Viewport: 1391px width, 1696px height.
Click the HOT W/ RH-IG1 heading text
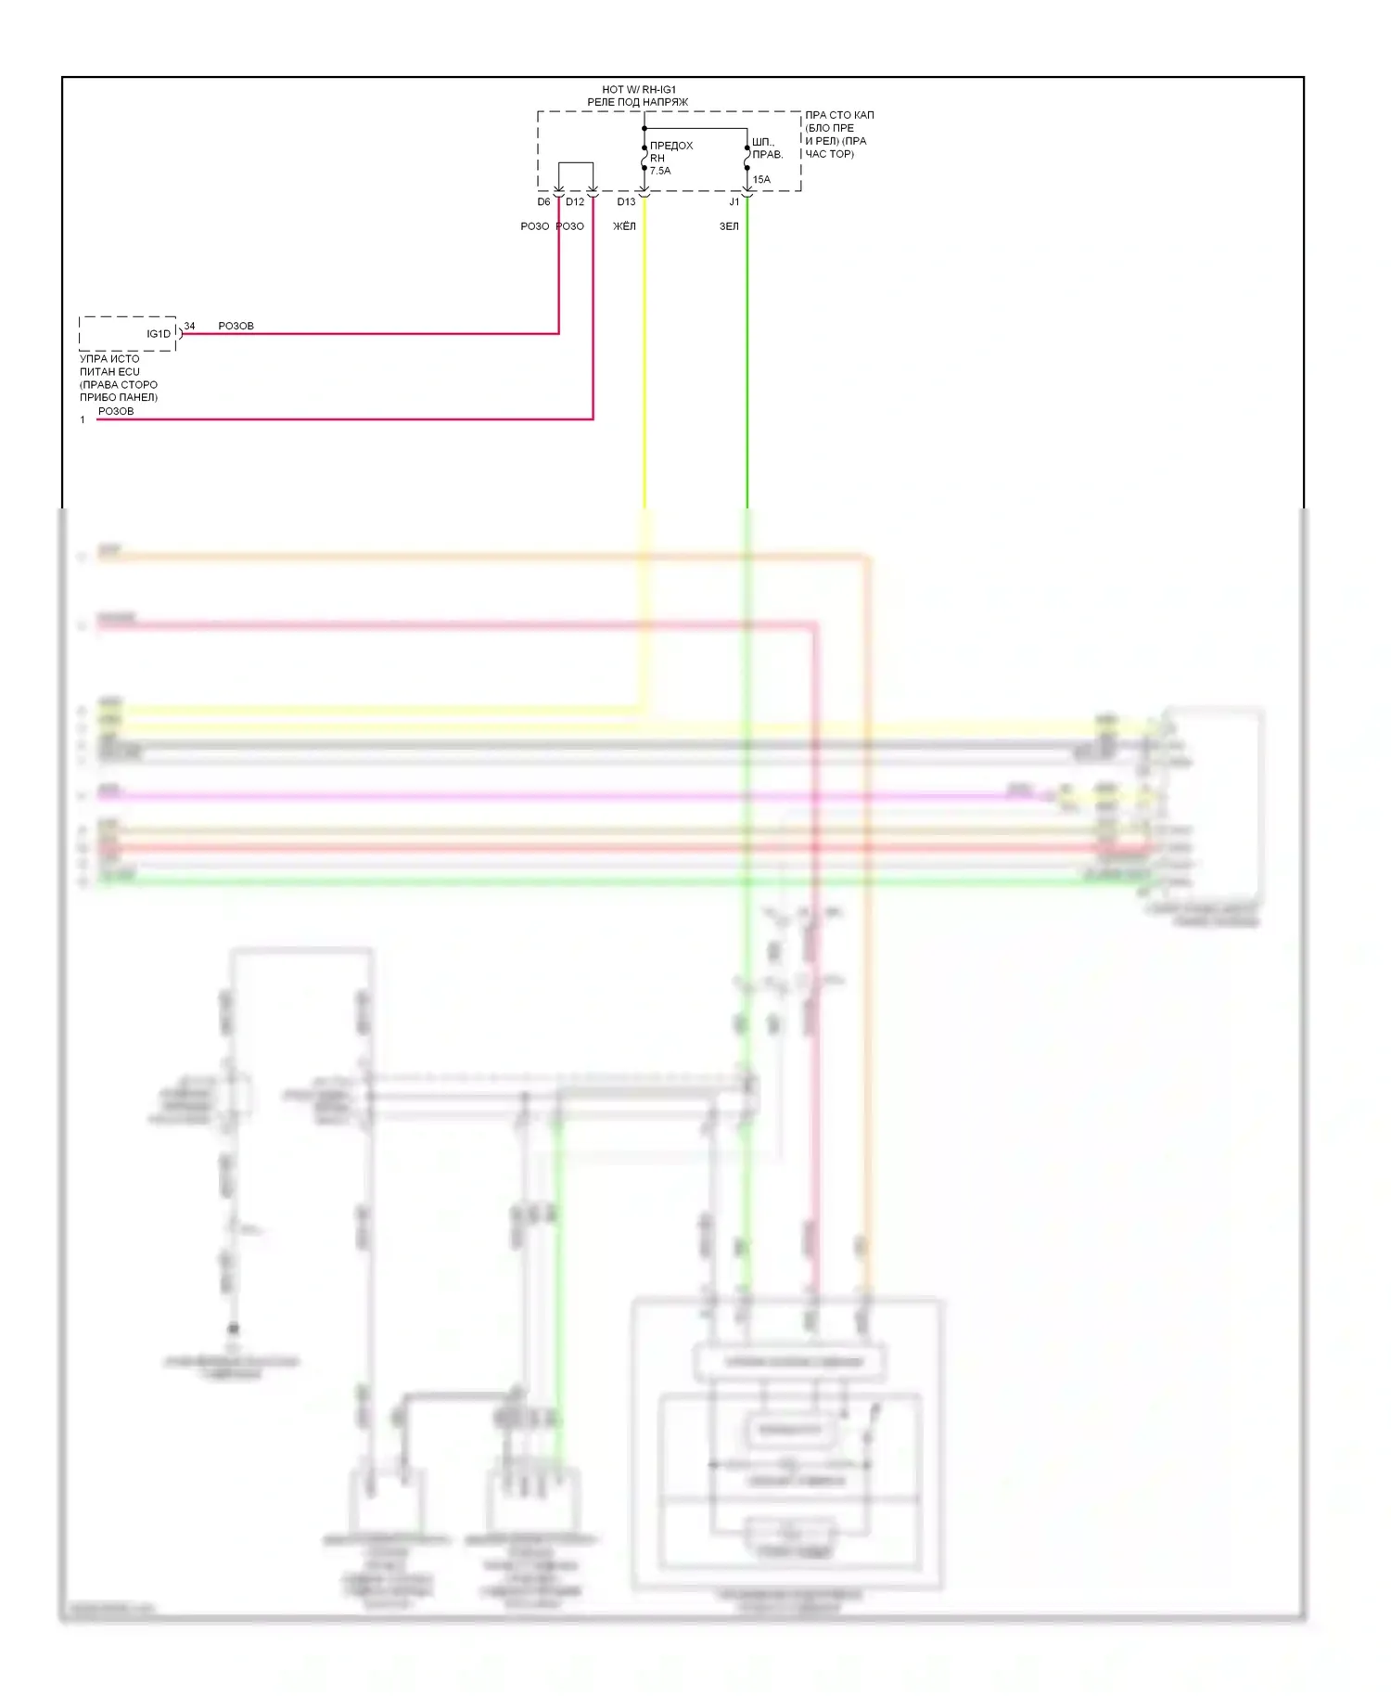pyautogui.click(x=638, y=90)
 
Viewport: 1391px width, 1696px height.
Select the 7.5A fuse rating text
pyautogui.click(x=660, y=171)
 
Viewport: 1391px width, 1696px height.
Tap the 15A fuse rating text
pyautogui.click(x=761, y=180)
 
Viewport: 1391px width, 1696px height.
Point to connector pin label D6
pyautogui.click(x=543, y=202)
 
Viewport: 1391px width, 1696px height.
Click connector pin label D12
pyautogui.click(x=575, y=202)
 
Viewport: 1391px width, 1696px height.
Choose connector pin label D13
pyautogui.click(x=627, y=202)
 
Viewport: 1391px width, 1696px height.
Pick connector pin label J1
pyautogui.click(x=734, y=202)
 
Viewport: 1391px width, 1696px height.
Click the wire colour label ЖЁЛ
pyautogui.click(x=625, y=226)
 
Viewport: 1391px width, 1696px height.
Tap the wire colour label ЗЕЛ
pyautogui.click(x=730, y=226)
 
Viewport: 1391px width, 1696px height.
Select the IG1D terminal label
pyautogui.click(x=159, y=334)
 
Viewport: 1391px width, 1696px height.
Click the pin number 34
pyautogui.click(x=189, y=327)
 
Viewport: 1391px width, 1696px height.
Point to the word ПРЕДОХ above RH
pyautogui.click(x=671, y=146)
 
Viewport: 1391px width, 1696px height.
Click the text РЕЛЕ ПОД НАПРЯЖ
pyautogui.click(x=638, y=102)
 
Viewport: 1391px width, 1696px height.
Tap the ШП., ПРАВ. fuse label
pyautogui.click(x=767, y=148)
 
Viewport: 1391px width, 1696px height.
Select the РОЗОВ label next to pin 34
pyautogui.click(x=236, y=327)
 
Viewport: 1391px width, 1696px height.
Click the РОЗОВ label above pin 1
pyautogui.click(x=116, y=411)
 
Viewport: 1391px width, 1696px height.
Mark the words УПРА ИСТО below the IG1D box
pyautogui.click(x=109, y=359)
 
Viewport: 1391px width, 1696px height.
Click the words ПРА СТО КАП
pyautogui.click(x=839, y=115)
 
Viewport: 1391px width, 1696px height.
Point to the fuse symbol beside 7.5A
pyautogui.click(x=644, y=158)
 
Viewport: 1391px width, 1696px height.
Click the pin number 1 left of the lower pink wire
pyautogui.click(x=83, y=420)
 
